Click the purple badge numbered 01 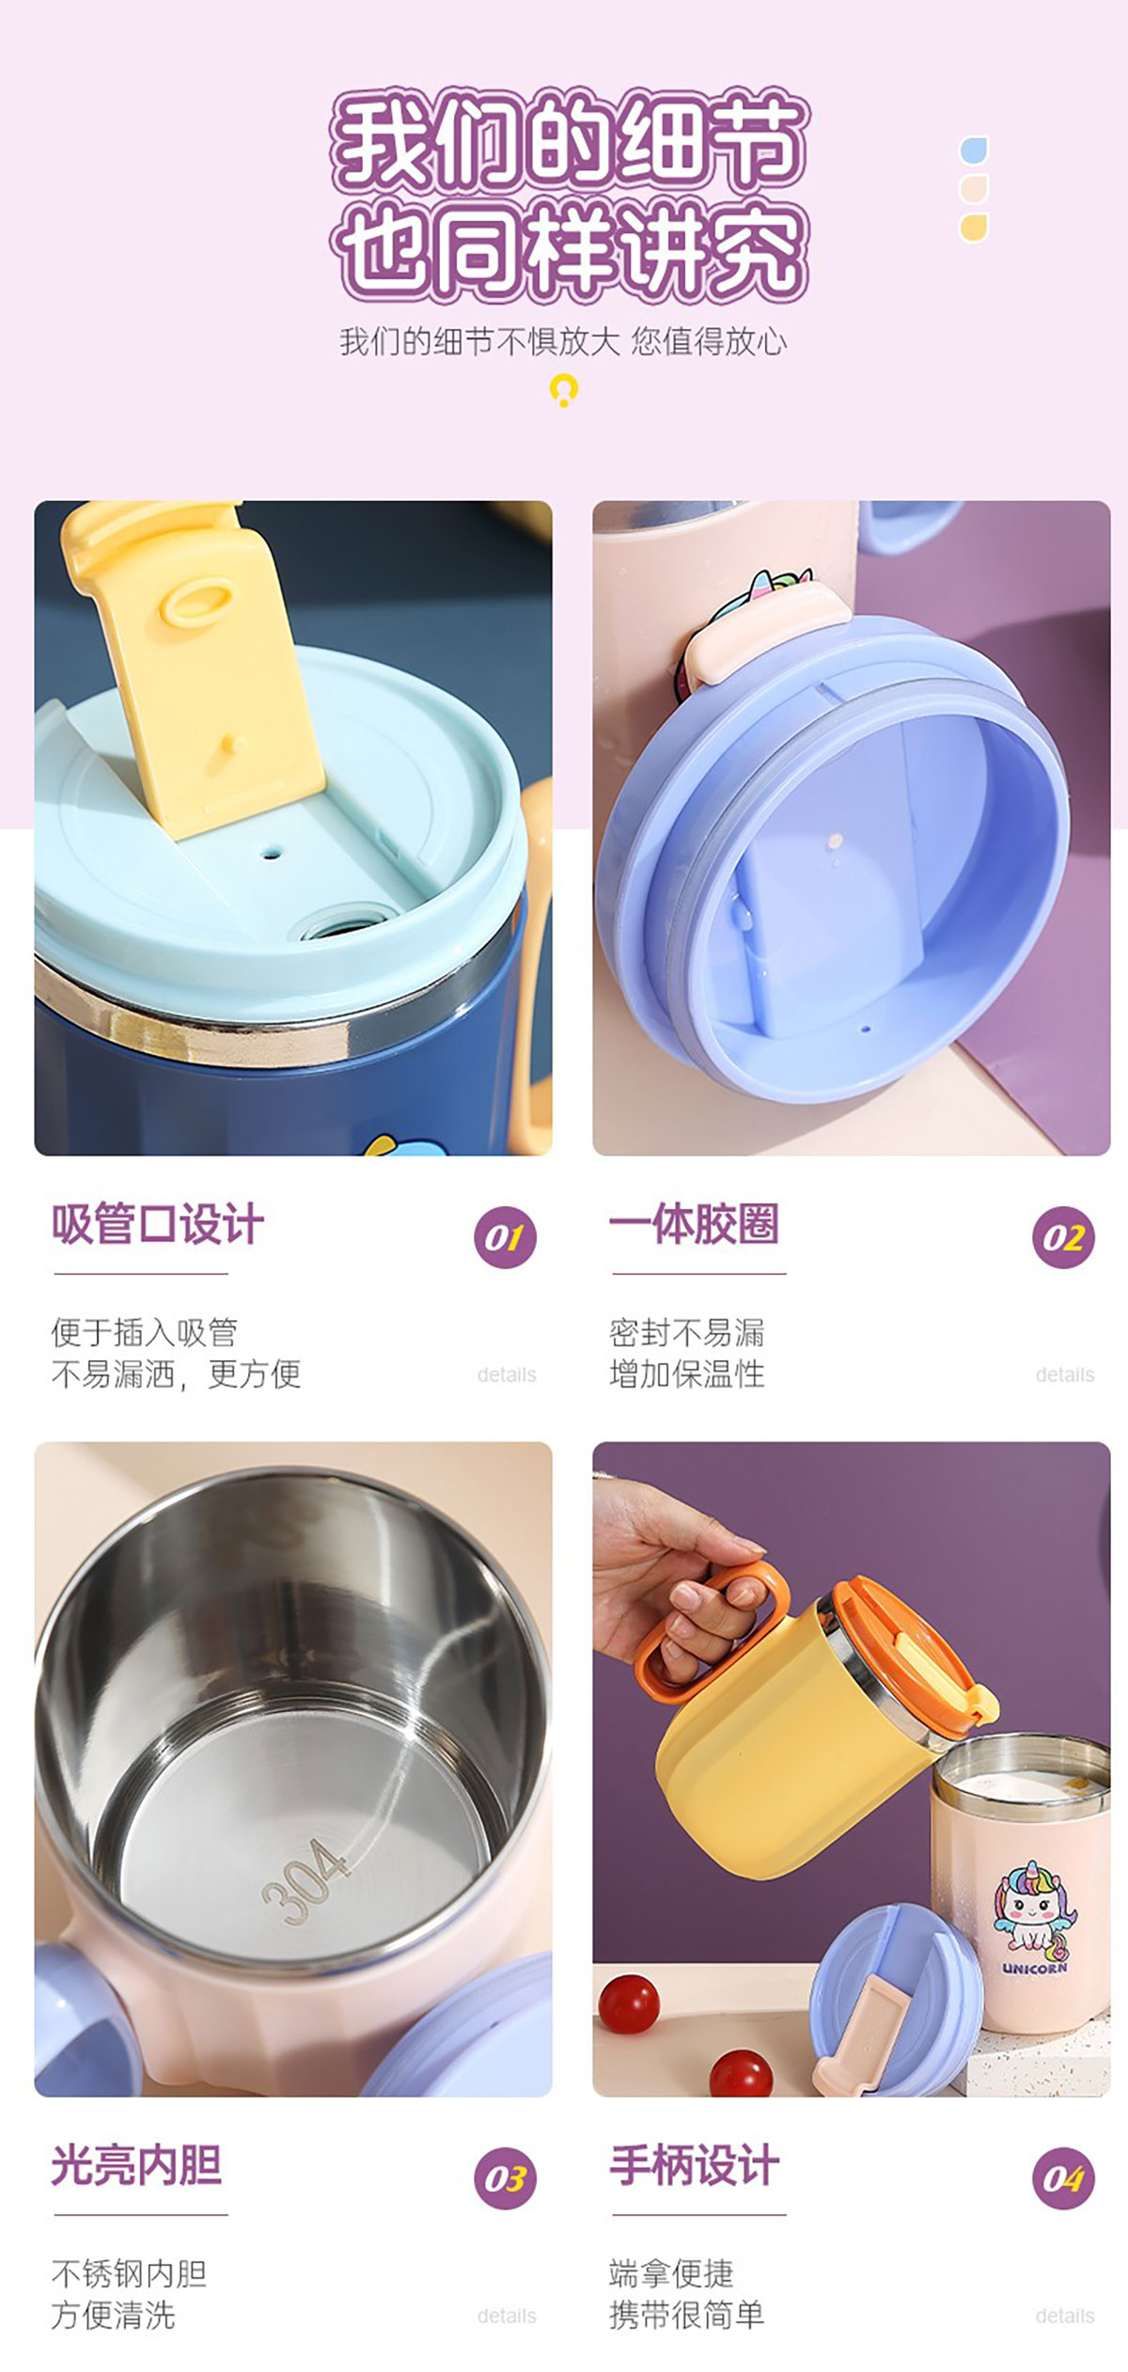coord(505,1237)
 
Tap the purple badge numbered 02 coord(1063,1237)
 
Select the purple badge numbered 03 coord(505,2178)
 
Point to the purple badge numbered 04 coord(1063,2178)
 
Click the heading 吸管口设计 coord(157,1224)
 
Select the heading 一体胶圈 coord(694,1224)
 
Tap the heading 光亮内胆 coord(136,2165)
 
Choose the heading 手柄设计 coord(694,2165)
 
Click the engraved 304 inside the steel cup coord(304,1880)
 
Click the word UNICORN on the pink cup coord(1034,1968)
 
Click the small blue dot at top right coord(974,150)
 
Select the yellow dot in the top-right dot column coord(974,228)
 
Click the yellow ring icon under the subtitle coord(563,388)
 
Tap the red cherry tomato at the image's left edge coord(629,2003)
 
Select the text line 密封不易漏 coord(687,1332)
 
